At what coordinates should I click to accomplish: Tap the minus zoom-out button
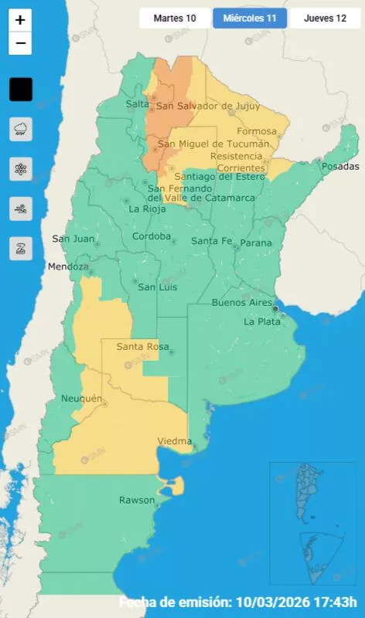click(x=20, y=43)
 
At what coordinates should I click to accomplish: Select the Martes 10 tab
click(x=175, y=18)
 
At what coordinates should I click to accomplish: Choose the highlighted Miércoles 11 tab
click(x=249, y=18)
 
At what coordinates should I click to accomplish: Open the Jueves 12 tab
click(x=325, y=18)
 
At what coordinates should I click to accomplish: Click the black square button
click(x=20, y=90)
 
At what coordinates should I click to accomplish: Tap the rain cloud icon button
click(x=20, y=129)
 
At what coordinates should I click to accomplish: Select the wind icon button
click(x=20, y=209)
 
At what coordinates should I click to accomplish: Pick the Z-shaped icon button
click(x=20, y=248)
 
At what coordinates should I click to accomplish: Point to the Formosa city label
click(x=256, y=131)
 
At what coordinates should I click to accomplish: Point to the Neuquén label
click(x=81, y=398)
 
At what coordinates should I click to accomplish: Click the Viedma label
click(x=174, y=441)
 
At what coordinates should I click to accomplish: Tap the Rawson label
click(x=137, y=500)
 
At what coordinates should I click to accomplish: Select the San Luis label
click(x=157, y=287)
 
